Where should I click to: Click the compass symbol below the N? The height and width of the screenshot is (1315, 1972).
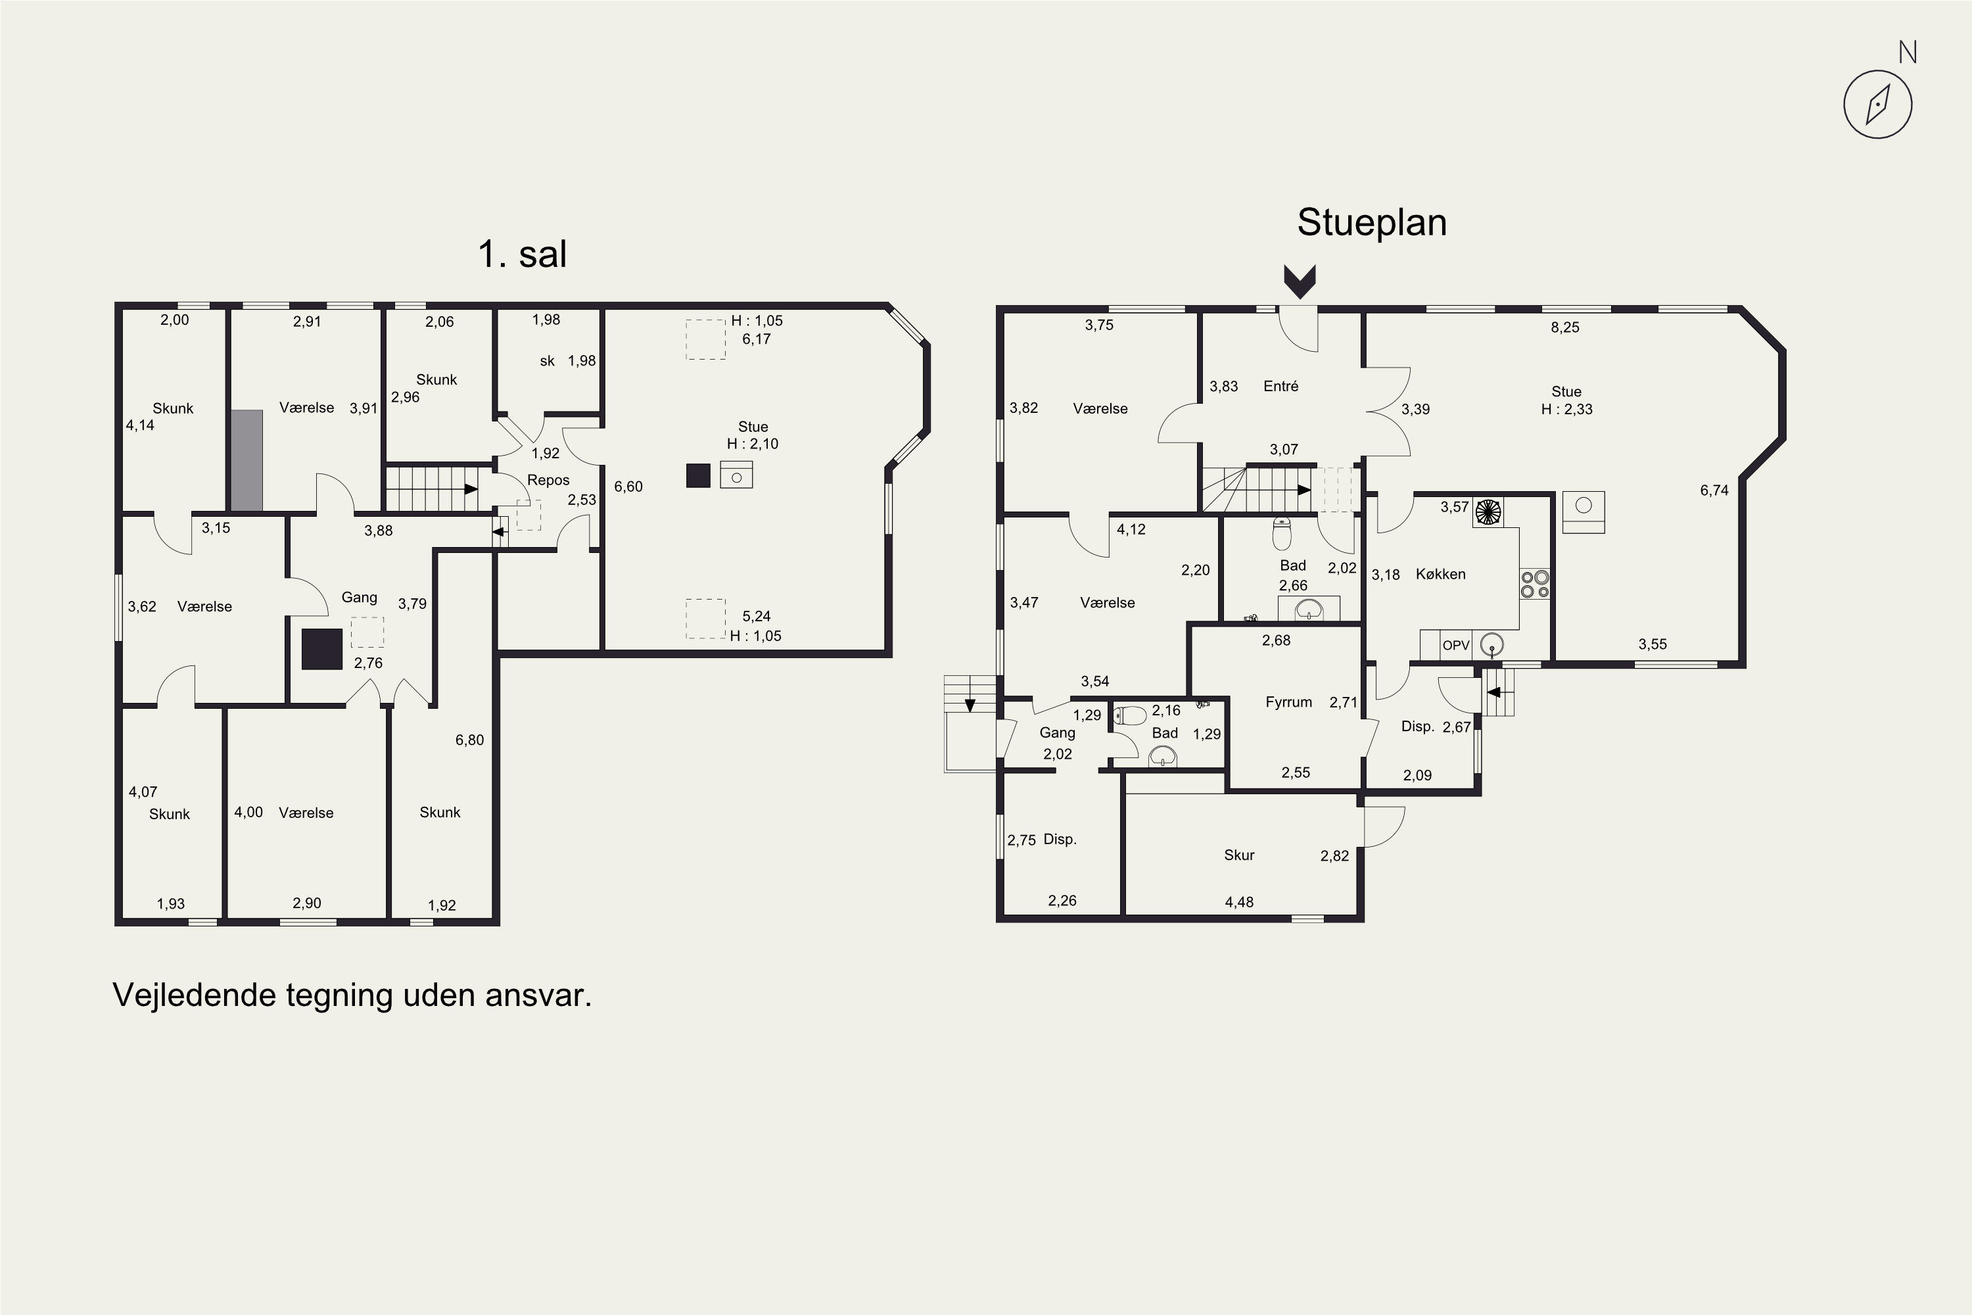(x=1878, y=104)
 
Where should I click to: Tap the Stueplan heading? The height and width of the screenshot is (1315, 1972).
(x=1372, y=223)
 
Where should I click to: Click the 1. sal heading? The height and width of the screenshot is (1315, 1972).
(x=523, y=253)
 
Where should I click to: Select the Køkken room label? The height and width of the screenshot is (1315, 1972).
(x=1440, y=575)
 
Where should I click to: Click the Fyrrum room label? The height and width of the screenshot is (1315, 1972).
(x=1288, y=702)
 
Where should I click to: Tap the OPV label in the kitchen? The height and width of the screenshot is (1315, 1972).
(x=1455, y=645)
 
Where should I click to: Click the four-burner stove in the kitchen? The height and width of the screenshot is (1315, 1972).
(x=1534, y=584)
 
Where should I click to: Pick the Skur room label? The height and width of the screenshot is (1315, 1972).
(x=1238, y=855)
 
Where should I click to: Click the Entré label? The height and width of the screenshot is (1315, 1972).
(x=1280, y=386)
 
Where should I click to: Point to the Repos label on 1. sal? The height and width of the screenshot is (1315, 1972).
(x=548, y=481)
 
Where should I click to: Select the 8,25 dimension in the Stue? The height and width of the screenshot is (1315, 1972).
(x=1564, y=327)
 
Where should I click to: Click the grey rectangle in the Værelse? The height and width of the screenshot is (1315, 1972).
(x=246, y=460)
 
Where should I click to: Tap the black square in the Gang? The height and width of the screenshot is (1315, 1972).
(x=322, y=649)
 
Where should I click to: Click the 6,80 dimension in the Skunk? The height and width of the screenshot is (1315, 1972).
(x=469, y=740)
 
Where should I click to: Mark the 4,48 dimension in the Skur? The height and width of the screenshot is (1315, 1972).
(x=1239, y=902)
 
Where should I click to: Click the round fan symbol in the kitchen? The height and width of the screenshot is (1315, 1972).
(x=1488, y=512)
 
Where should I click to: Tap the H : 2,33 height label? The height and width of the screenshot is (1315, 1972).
(x=1566, y=409)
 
